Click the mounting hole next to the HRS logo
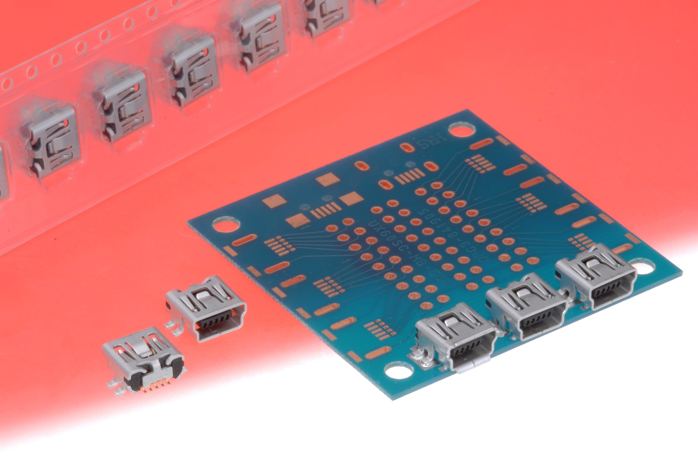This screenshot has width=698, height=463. point(460,131)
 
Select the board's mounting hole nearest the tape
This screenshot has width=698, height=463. point(224,225)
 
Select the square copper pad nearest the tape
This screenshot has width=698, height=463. point(275,201)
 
